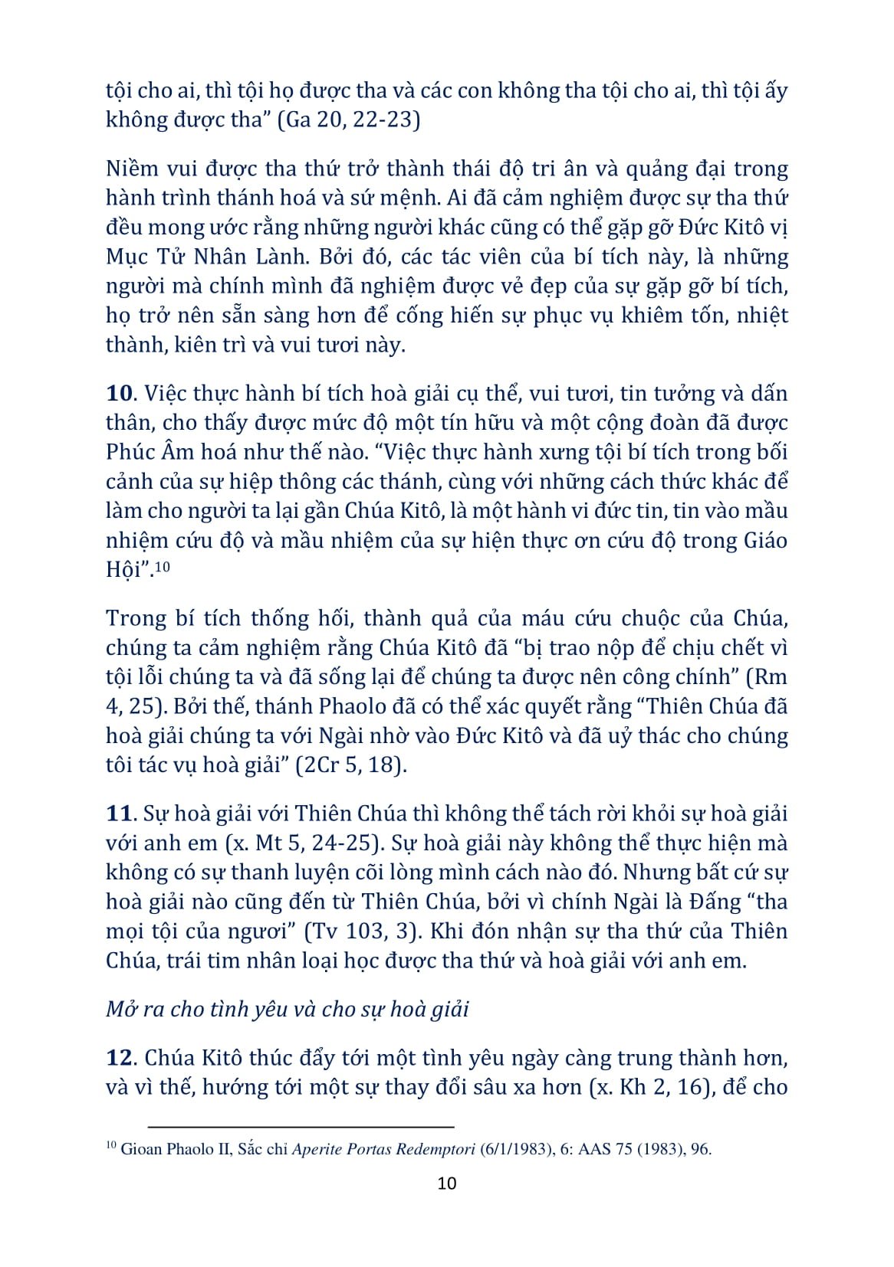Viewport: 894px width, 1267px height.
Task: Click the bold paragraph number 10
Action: coord(120,394)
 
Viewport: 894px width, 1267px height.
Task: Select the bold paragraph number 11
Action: coord(120,814)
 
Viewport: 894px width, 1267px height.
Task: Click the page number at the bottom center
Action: coord(446,1184)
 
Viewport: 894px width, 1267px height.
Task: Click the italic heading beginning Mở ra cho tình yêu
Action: coord(288,1009)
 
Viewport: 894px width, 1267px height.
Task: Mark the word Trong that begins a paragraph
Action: coord(135,619)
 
